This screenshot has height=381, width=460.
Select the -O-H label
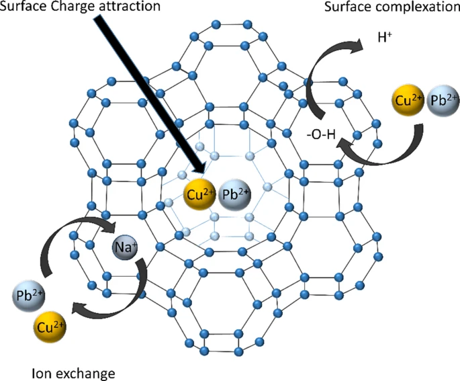320,135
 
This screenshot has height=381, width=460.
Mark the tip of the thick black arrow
202,176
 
